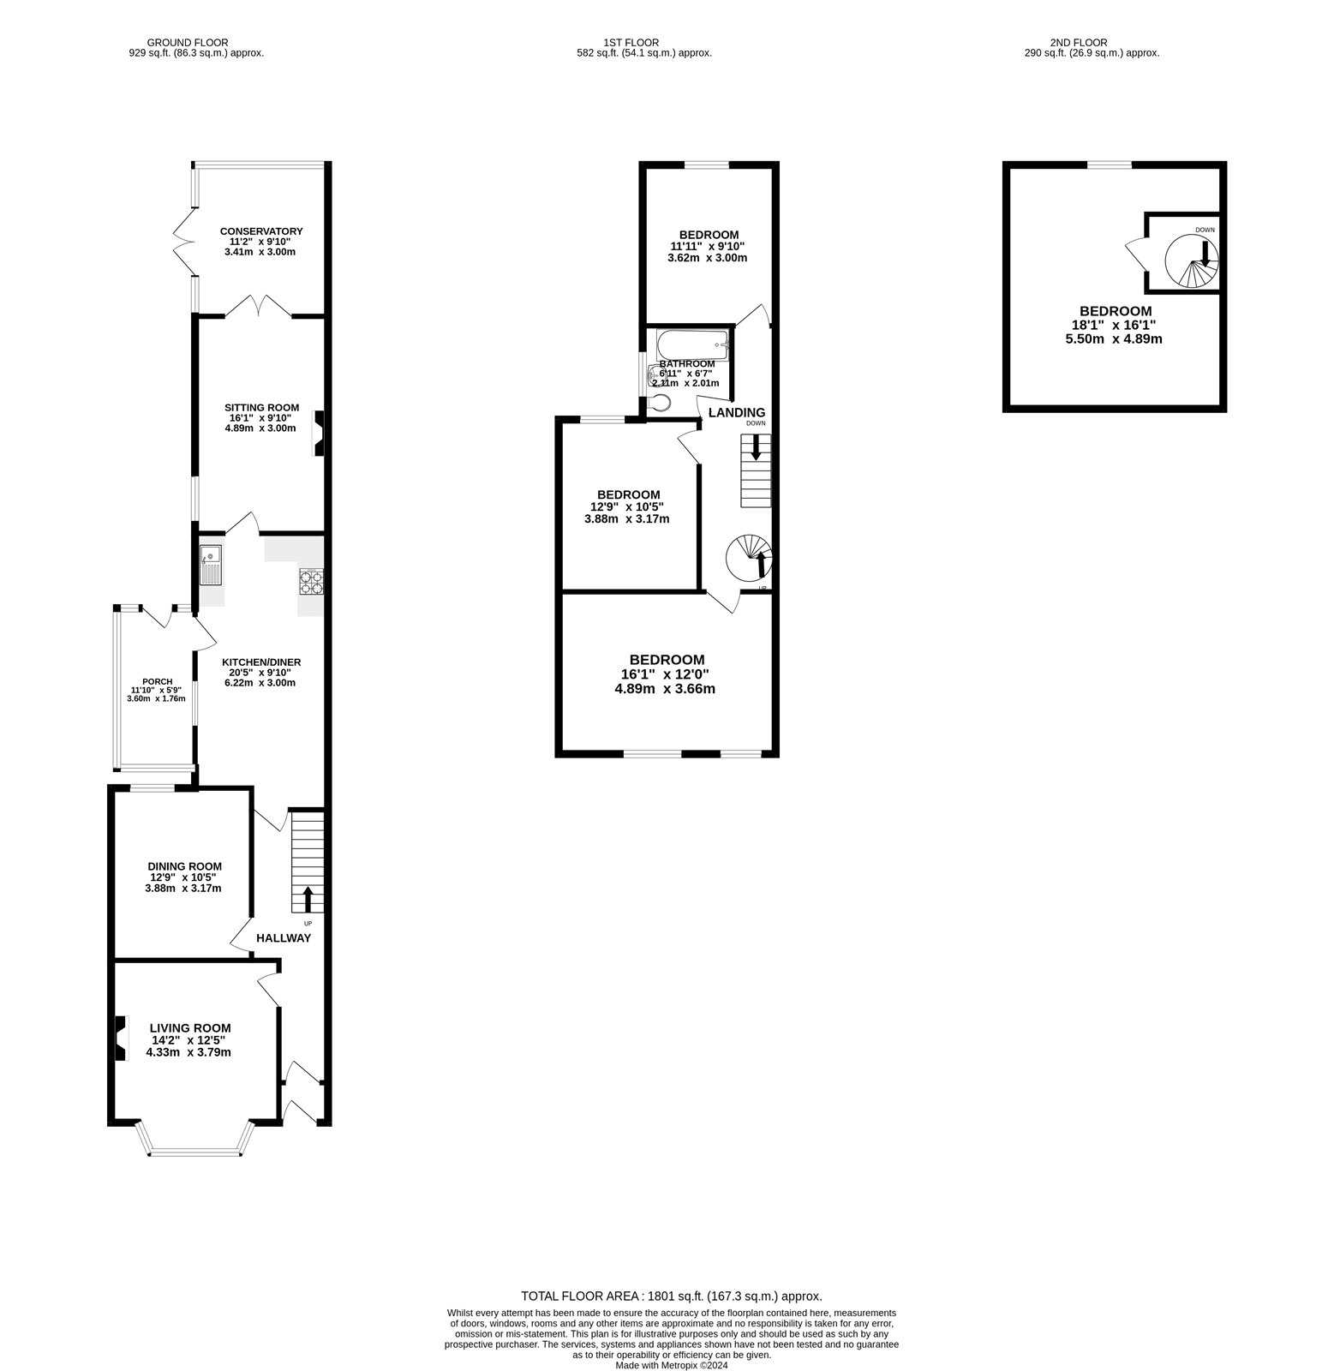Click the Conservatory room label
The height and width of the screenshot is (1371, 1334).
click(x=261, y=231)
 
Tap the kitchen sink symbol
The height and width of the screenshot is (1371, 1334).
click(x=211, y=566)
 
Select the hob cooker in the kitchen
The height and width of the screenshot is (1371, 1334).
click(x=311, y=582)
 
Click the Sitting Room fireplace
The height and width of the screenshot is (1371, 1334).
click(x=319, y=433)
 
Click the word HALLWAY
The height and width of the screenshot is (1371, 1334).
click(x=284, y=938)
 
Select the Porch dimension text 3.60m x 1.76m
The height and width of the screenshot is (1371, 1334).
click(x=156, y=698)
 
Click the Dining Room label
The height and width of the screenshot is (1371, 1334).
click(x=185, y=865)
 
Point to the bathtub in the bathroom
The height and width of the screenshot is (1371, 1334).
click(x=692, y=345)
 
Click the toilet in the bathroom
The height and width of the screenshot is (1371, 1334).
click(x=661, y=402)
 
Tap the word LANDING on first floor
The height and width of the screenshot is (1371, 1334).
click(x=736, y=413)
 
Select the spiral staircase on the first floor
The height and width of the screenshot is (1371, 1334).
click(x=749, y=558)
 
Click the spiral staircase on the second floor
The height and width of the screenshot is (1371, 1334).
click(x=1192, y=261)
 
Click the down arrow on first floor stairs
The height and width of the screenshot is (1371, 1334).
click(x=756, y=447)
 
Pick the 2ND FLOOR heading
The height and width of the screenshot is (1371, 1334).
click(x=1079, y=42)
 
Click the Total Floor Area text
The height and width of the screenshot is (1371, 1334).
click(x=672, y=1296)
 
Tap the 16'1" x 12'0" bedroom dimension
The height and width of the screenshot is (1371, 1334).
click(x=667, y=674)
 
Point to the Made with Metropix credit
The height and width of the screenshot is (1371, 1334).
click(x=672, y=1365)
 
